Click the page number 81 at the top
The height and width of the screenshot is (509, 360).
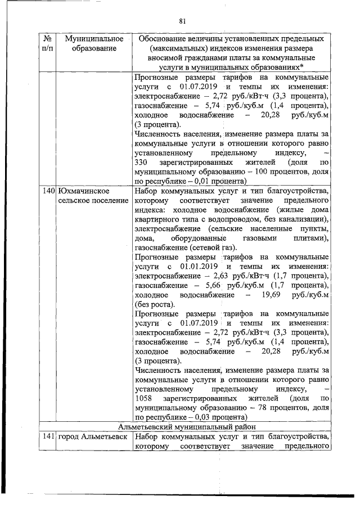coord(182,21)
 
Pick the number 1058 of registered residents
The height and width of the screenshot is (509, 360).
coord(144,398)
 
